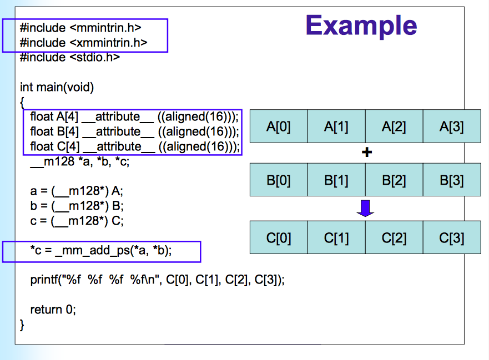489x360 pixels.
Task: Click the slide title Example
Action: (x=361, y=26)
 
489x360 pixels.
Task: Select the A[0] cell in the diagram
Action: (x=279, y=126)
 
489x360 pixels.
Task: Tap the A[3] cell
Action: (x=451, y=126)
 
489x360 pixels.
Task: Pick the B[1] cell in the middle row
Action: (x=336, y=180)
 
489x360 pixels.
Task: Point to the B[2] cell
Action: (x=394, y=180)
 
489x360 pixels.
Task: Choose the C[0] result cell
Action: (x=279, y=238)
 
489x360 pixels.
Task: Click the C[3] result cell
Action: (x=451, y=238)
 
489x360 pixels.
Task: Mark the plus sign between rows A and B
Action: (x=366, y=153)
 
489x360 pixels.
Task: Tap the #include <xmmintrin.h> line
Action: (x=83, y=43)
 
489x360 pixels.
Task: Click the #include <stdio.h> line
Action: (x=70, y=57)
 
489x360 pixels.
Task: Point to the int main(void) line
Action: (x=57, y=87)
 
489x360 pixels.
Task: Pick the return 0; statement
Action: (x=53, y=310)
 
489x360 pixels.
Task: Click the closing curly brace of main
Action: (x=23, y=324)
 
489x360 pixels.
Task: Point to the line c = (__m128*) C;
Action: (x=77, y=220)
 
